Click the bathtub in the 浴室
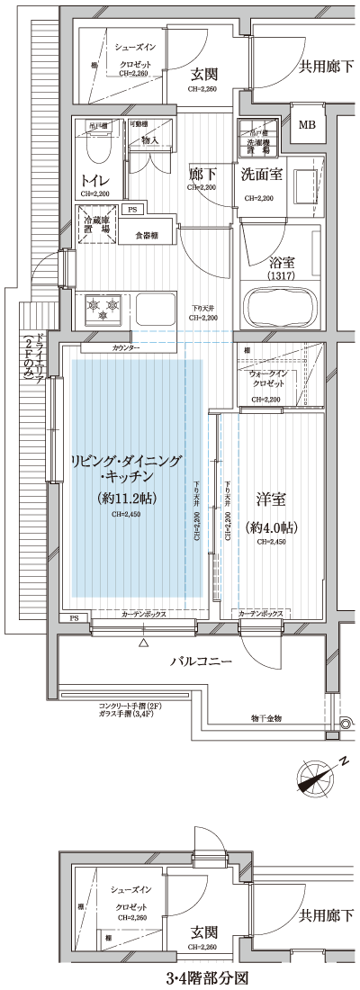(x=282, y=310)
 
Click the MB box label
(x=307, y=125)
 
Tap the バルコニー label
(x=202, y=662)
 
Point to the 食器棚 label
(x=147, y=235)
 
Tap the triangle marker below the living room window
(x=142, y=644)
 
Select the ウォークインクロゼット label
(x=269, y=378)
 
